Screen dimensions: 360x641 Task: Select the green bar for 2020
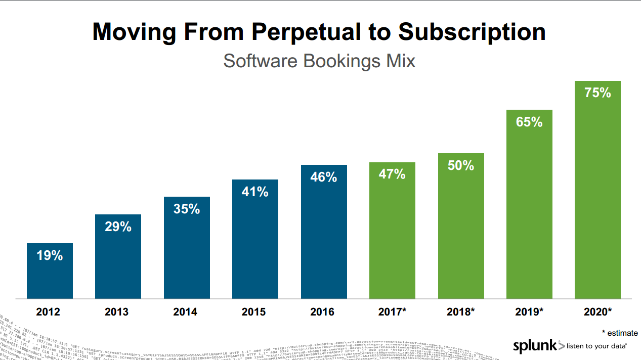pos(597,202)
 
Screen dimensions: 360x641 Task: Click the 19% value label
pos(50,256)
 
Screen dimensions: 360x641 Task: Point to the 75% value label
pos(597,93)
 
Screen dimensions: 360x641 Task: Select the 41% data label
pos(255,192)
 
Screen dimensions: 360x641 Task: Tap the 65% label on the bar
pos(529,122)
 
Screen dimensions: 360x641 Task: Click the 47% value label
pos(392,174)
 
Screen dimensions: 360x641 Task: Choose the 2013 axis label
pos(118,312)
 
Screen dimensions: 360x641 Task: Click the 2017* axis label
pos(392,312)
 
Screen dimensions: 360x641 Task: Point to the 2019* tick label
pos(529,312)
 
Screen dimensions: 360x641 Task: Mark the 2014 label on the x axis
pos(187,312)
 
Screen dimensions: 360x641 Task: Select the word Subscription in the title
pos(472,32)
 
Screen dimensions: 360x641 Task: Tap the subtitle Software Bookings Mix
pos(319,61)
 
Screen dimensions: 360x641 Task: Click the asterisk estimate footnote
pos(619,333)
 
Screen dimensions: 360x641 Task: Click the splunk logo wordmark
pos(535,346)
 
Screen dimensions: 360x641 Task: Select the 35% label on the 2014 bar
pos(187,209)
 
